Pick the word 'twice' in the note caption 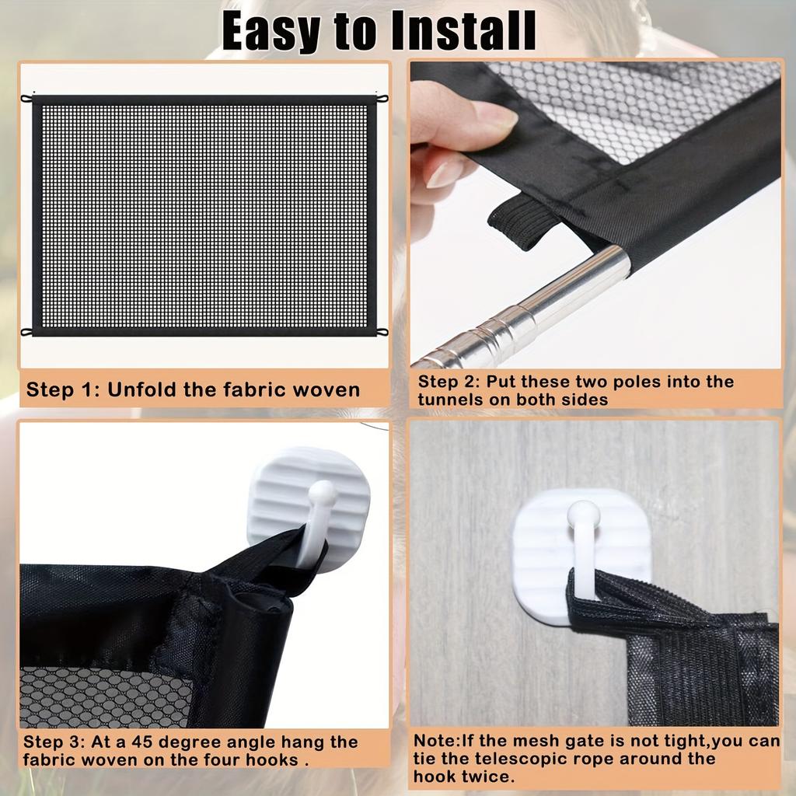(x=491, y=776)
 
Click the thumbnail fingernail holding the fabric (x=495, y=116)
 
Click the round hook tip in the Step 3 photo (x=322, y=492)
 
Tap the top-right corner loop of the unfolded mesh (x=382, y=99)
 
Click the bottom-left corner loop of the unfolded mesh (x=26, y=332)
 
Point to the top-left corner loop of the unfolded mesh (x=26, y=99)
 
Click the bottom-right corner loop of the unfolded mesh (x=382, y=332)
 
